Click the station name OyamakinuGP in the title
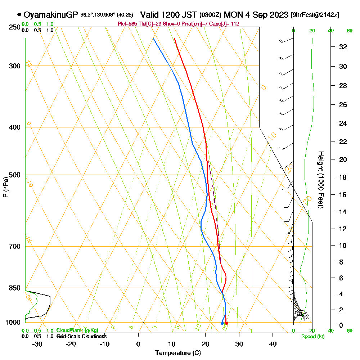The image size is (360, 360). point(50,15)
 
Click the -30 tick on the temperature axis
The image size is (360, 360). point(37,344)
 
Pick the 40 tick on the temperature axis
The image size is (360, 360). point(273,344)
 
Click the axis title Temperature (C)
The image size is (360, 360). point(178,353)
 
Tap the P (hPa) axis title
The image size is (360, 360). point(5,187)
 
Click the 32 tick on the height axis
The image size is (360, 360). point(343,46)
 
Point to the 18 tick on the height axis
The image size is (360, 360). point(343,177)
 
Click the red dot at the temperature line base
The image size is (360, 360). point(226,323)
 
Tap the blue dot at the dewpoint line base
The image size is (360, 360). point(222,323)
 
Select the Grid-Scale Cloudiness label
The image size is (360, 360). point(81,336)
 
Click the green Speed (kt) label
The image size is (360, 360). point(312,336)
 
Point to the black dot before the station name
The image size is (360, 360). point(19,15)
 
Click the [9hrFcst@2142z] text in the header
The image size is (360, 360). point(315,15)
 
